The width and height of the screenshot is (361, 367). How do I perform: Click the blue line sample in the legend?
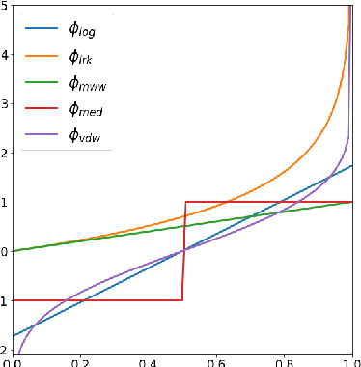42,29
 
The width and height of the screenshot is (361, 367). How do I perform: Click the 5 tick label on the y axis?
5,6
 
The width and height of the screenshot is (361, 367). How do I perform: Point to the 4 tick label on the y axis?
5,54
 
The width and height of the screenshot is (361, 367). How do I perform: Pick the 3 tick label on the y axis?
5,103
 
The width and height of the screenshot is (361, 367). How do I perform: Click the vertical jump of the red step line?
183,251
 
